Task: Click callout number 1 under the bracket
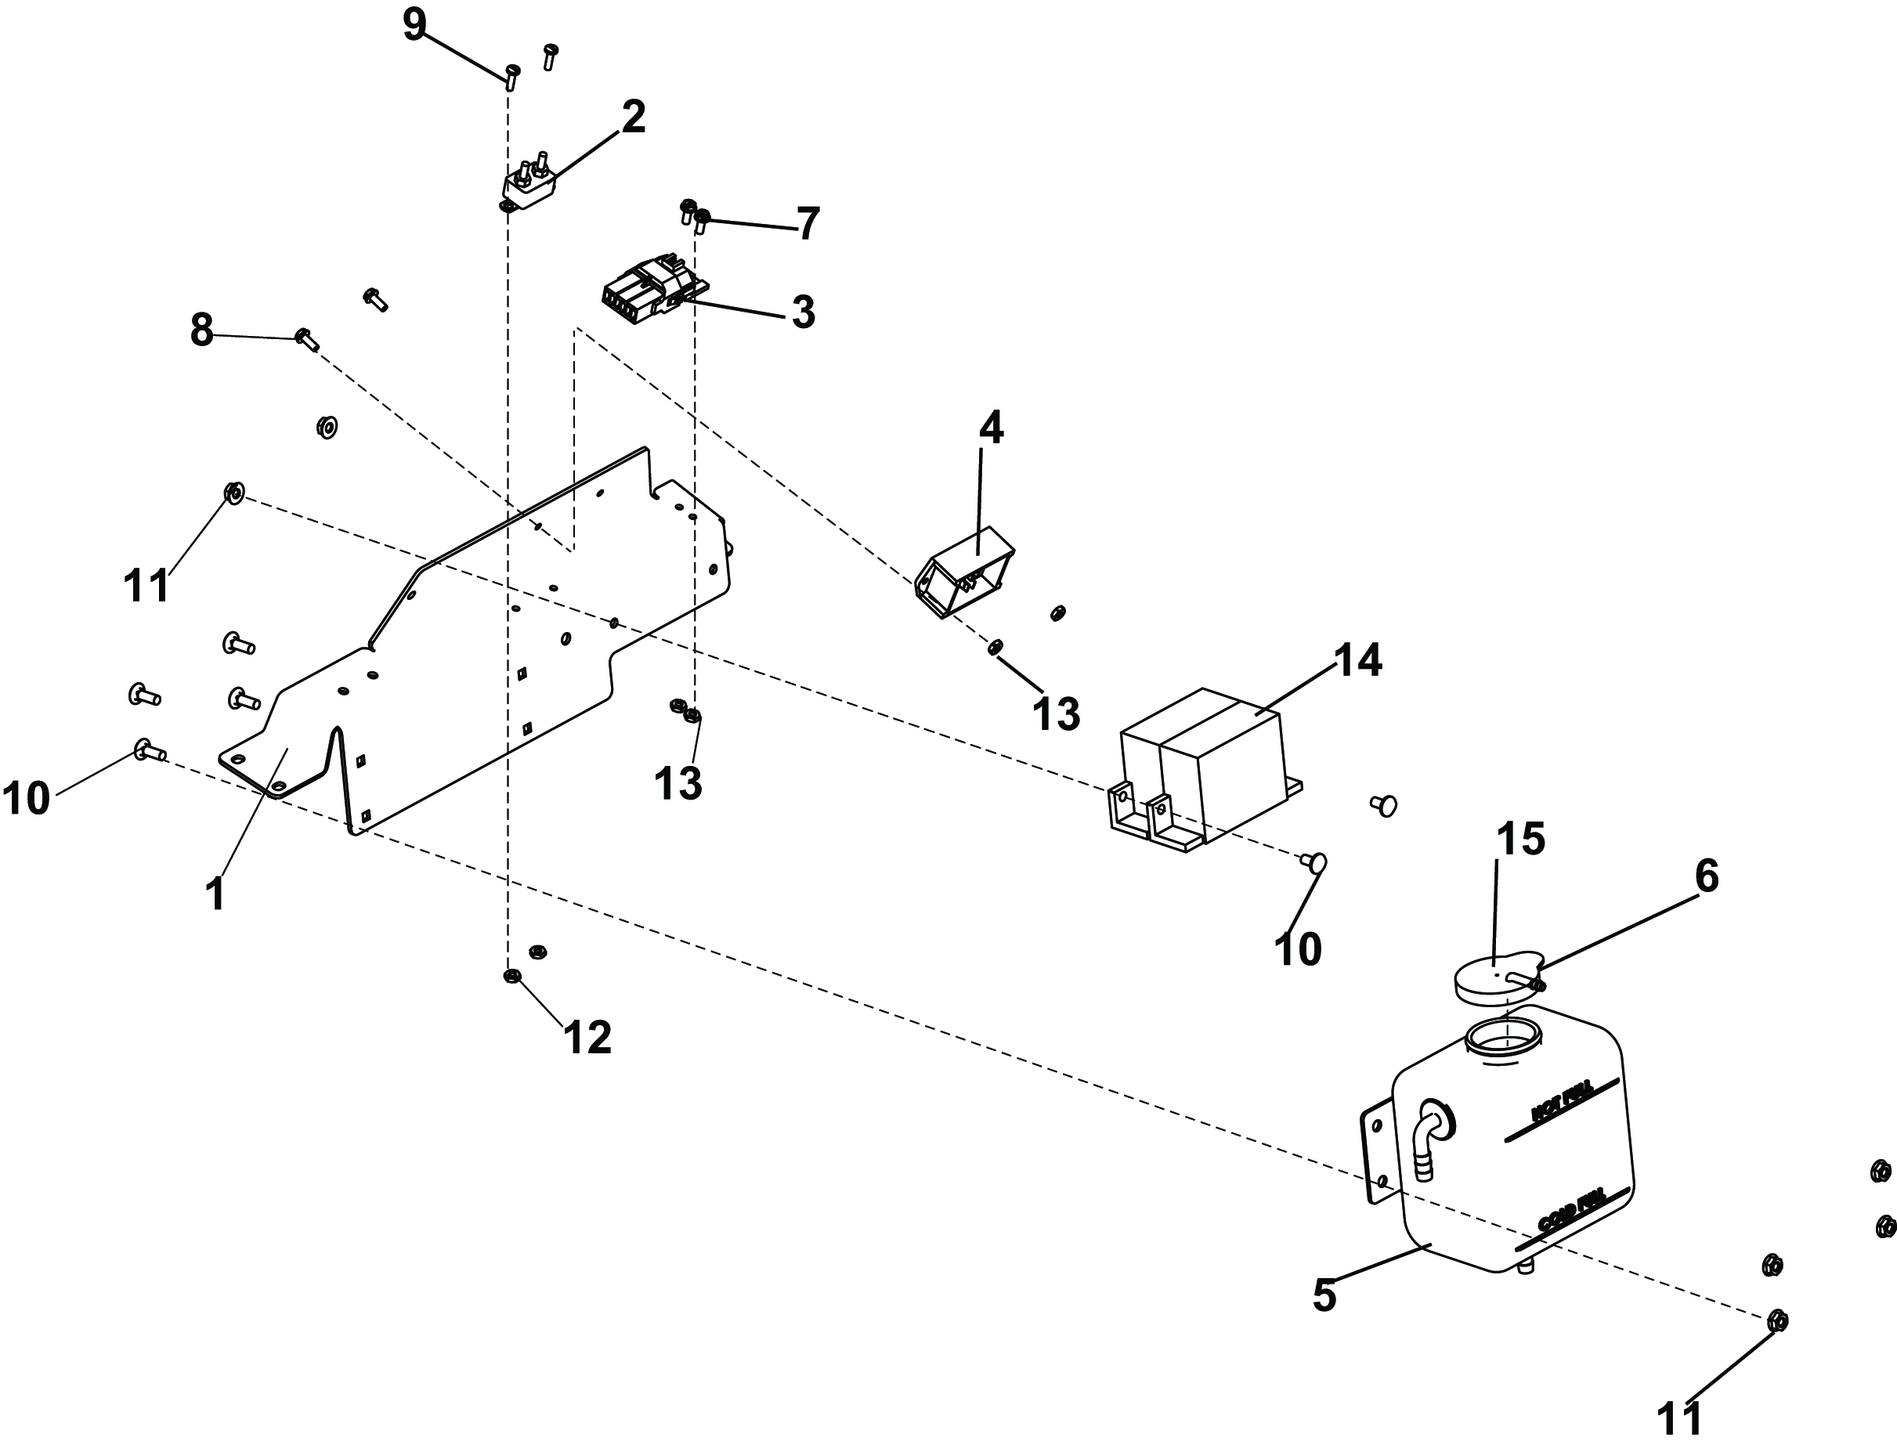(x=215, y=894)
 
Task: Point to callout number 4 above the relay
(x=991, y=428)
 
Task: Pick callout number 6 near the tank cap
(x=1706, y=877)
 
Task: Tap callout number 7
(x=808, y=225)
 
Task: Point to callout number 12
(x=587, y=1037)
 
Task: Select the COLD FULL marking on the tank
(x=1571, y=1212)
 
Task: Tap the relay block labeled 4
(x=963, y=573)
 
